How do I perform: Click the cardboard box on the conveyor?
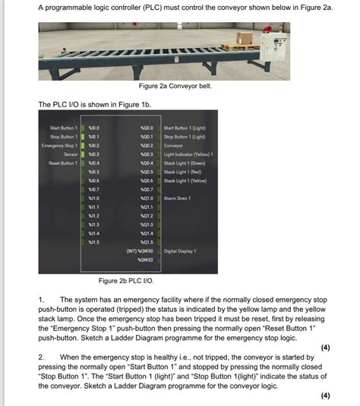245,38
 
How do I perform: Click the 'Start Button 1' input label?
64,128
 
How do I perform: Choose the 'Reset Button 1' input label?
64,163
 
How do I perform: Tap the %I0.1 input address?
94,137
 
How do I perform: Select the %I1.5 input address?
94,242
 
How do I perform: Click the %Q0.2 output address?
147,145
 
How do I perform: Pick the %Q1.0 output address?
147,198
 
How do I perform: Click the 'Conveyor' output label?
174,145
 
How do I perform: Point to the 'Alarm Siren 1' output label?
178,198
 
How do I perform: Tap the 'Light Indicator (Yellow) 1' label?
188,154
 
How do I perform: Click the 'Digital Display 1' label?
180,250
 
